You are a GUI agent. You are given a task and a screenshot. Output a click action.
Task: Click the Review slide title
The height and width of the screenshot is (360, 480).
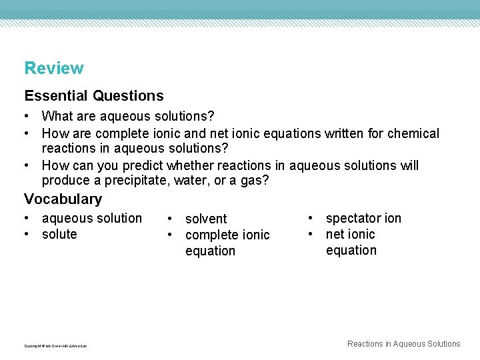point(54,68)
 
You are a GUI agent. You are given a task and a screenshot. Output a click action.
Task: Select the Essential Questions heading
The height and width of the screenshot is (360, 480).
point(93,96)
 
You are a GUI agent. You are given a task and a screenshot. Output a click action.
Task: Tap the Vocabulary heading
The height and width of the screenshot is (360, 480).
point(63,199)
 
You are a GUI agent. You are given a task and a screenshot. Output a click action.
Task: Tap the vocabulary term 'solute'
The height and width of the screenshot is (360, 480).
point(59,234)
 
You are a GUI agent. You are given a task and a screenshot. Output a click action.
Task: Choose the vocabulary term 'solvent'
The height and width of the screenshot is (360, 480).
point(206,219)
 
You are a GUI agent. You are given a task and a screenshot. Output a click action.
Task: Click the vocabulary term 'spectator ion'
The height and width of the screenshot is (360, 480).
point(363,218)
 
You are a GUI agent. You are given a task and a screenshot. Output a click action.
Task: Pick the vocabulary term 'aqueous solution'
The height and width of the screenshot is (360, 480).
point(91,218)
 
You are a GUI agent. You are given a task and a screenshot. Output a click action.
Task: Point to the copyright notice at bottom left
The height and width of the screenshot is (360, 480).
point(55,345)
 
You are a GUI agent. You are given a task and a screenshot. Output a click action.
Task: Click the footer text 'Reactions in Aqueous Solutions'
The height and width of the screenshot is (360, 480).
point(403,344)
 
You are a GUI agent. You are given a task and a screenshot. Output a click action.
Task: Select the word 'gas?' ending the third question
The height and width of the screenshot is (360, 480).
point(255,181)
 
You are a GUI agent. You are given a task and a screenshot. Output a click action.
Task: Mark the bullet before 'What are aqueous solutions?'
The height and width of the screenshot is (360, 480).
point(27,117)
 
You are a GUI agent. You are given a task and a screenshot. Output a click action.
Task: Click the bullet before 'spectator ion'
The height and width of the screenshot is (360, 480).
point(311,218)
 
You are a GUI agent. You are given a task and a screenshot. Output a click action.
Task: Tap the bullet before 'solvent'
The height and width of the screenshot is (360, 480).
point(171,219)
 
